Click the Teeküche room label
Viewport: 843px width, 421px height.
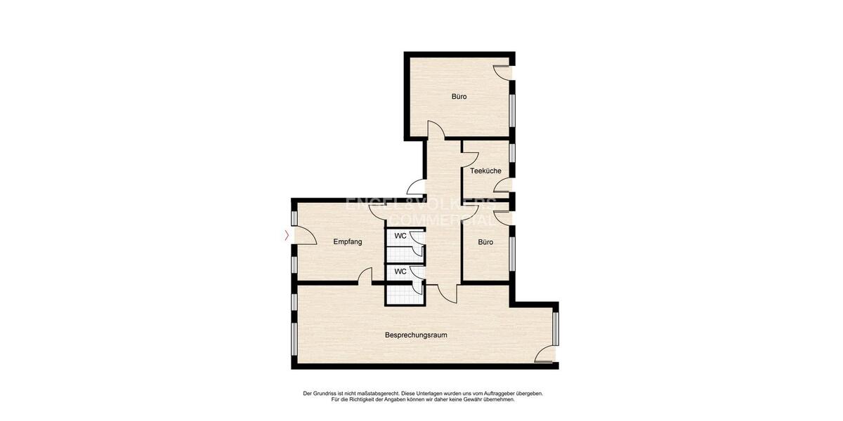click(x=485, y=171)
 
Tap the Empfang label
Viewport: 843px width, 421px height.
click(x=348, y=242)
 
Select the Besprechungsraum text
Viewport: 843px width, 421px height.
click(x=416, y=335)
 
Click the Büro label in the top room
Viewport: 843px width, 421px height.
click(x=459, y=97)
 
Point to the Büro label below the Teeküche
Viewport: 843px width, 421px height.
click(x=485, y=242)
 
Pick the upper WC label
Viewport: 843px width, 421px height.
click(x=400, y=236)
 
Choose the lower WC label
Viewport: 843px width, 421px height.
click(x=400, y=271)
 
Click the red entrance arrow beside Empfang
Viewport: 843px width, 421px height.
click(x=287, y=236)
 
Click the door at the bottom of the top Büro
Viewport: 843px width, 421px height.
click(x=436, y=129)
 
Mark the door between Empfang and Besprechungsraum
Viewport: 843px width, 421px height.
click(x=365, y=276)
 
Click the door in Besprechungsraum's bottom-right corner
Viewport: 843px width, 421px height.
click(x=544, y=354)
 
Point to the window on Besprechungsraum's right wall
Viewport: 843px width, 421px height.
click(x=556, y=329)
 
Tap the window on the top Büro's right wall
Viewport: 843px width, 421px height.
click(x=512, y=109)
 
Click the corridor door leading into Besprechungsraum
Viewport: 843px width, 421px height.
click(x=447, y=293)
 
